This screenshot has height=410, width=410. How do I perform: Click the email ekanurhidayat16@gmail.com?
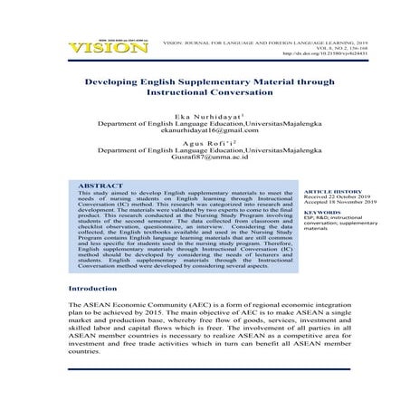(205, 132)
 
